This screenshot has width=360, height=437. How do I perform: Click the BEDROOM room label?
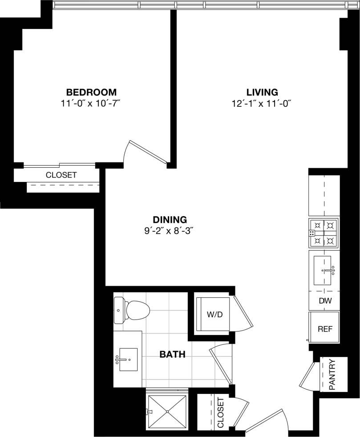click(91, 93)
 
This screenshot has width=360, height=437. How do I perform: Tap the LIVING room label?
click(262, 93)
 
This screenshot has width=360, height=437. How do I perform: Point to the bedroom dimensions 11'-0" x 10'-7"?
click(91, 104)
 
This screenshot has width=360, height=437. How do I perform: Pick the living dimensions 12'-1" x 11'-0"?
click(262, 104)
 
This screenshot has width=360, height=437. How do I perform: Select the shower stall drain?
click(167, 412)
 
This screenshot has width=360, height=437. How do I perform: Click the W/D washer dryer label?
click(212, 314)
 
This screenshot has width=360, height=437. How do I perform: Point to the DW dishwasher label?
click(325, 301)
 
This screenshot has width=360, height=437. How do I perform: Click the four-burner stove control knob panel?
click(312, 233)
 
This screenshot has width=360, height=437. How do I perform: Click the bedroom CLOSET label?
click(61, 175)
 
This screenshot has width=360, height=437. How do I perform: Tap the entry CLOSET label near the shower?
click(221, 413)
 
